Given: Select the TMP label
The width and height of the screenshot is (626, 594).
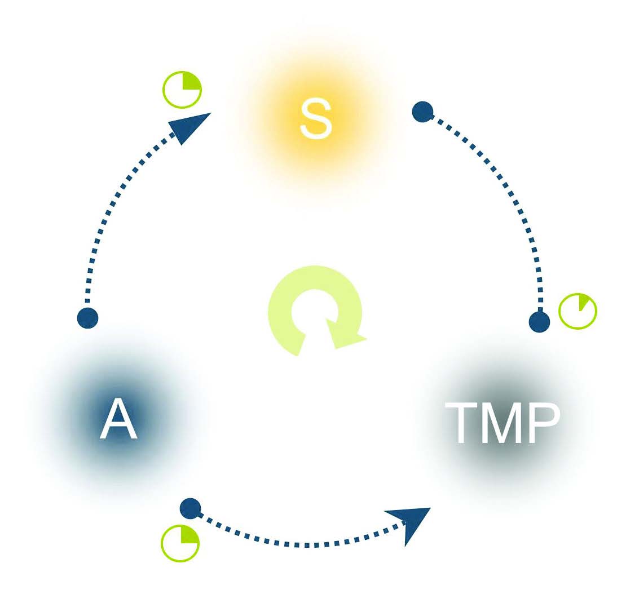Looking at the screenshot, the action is click(x=502, y=423).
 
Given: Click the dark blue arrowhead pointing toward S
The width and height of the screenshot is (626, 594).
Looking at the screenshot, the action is click(x=188, y=126).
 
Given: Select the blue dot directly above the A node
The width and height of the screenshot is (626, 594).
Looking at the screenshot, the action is click(x=87, y=318).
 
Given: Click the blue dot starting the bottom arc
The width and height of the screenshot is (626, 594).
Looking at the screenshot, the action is click(x=191, y=508).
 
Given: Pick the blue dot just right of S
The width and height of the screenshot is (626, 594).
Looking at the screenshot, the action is click(x=422, y=111).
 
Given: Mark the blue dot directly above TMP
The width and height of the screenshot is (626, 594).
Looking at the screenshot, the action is click(x=539, y=322).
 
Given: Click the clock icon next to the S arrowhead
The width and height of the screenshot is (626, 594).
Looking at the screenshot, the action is click(x=182, y=90).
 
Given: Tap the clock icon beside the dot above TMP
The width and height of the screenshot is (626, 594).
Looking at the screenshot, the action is click(x=577, y=311).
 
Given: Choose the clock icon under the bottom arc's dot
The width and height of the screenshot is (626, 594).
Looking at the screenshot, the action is click(x=180, y=543).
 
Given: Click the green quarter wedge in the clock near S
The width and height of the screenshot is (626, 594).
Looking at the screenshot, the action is click(x=191, y=81).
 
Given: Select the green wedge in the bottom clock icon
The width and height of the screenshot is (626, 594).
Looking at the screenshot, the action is click(x=189, y=535).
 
